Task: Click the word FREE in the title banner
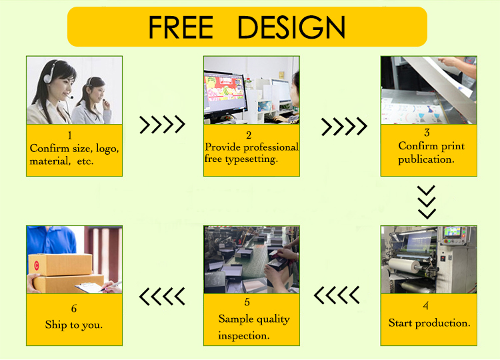point(181,27)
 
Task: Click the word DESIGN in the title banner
point(291,27)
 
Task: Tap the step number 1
point(70,136)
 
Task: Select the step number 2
point(249,135)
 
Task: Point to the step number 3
point(427,132)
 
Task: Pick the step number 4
point(425,306)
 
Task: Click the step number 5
point(247,302)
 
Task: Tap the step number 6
point(73,309)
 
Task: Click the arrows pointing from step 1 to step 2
point(162,125)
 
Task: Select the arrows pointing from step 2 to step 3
point(344,126)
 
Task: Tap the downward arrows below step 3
point(427,202)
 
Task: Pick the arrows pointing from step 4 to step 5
point(337,295)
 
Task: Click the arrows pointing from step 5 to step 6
point(162,296)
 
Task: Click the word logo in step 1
point(107,149)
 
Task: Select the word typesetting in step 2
point(251,159)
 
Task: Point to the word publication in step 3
point(426,159)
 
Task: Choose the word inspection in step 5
point(243,335)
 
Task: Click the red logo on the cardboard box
point(36,265)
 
